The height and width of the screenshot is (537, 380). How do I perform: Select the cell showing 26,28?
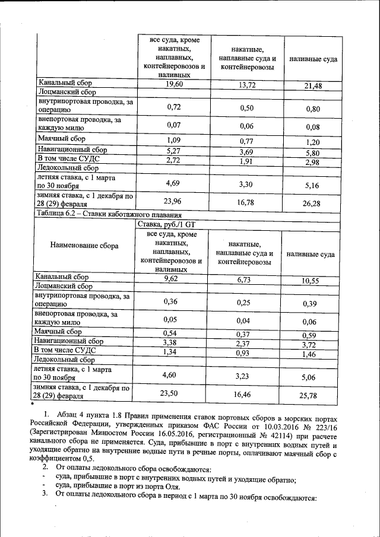(312, 204)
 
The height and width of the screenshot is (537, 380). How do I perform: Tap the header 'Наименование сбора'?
(84, 245)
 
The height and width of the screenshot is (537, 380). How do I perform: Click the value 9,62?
(173, 277)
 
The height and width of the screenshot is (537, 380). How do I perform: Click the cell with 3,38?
(173, 342)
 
